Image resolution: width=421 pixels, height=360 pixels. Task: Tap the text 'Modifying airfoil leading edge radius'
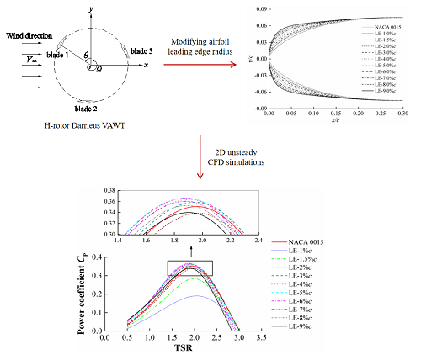pyautogui.click(x=207, y=48)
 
